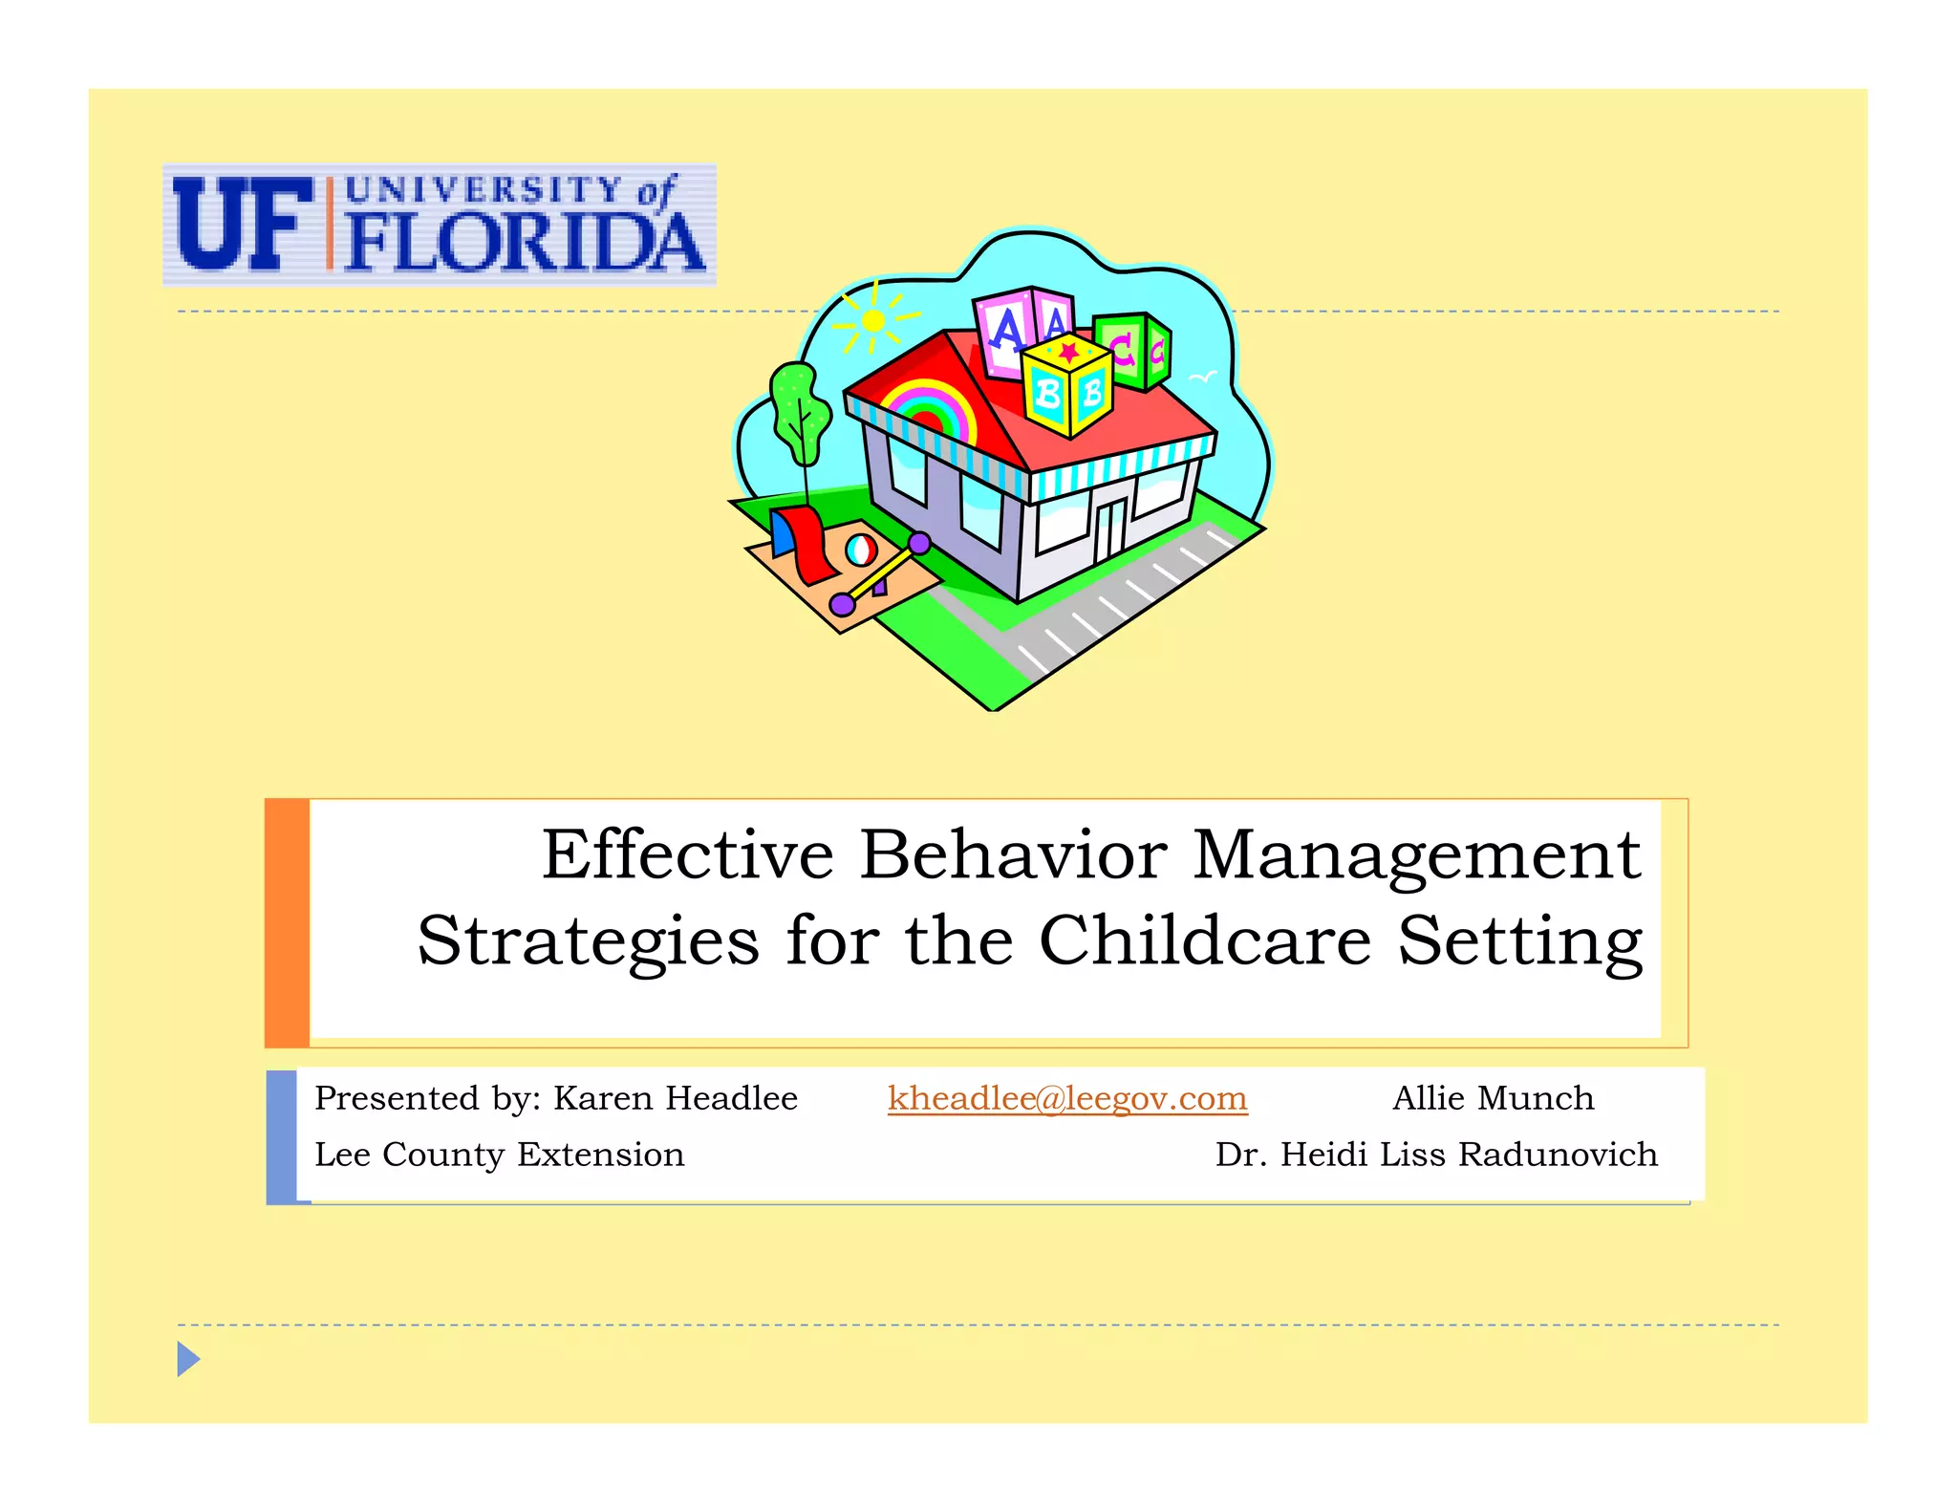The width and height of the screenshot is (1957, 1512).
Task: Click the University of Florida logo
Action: point(439,225)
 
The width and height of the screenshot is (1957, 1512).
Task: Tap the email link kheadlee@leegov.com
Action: point(1066,1098)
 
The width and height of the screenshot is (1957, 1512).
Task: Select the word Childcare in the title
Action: point(1205,940)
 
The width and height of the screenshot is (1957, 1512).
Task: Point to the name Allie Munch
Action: point(1493,1098)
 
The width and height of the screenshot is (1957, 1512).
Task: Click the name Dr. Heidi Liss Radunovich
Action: point(1435,1155)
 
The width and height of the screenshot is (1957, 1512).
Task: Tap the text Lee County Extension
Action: point(499,1155)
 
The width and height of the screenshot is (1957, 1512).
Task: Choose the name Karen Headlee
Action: point(676,1098)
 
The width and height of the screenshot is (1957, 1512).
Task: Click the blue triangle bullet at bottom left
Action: point(188,1358)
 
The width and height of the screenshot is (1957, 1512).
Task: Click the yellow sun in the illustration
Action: point(873,321)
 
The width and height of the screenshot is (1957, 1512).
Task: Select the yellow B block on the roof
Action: point(1066,387)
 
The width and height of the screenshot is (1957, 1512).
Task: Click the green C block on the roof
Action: point(1132,349)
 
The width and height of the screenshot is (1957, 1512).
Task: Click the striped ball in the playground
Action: point(861,550)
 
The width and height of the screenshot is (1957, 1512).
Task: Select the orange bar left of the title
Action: point(287,922)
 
